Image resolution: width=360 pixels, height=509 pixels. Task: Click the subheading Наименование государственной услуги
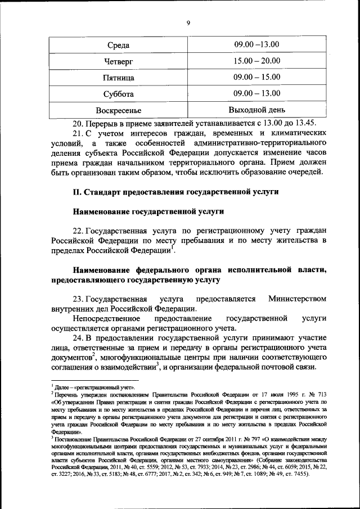[149, 211]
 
